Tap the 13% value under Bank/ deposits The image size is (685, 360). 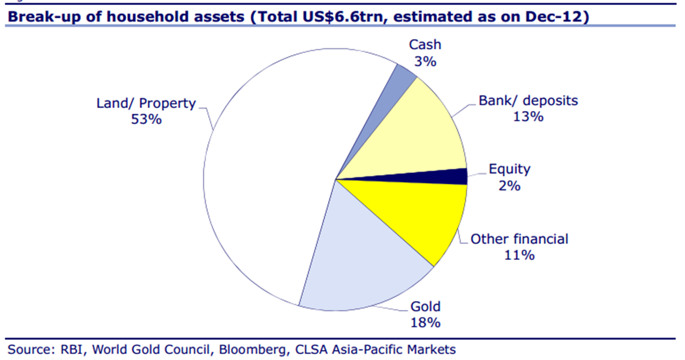click(x=528, y=117)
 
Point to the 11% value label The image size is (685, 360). click(x=519, y=255)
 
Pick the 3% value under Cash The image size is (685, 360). click(x=425, y=61)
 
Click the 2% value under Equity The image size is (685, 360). click(x=509, y=185)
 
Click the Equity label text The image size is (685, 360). click(x=509, y=169)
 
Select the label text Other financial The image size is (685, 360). click(x=519, y=239)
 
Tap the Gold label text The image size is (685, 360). click(x=426, y=307)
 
